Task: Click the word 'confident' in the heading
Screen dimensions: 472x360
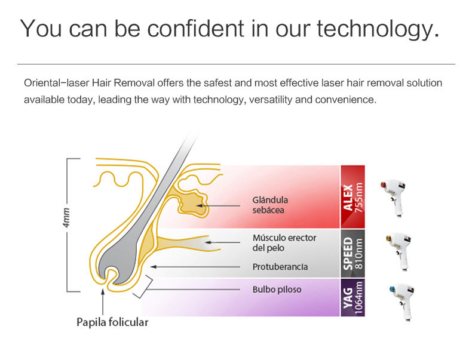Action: [x=195, y=29]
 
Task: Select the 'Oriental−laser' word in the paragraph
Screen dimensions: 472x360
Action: [x=56, y=83]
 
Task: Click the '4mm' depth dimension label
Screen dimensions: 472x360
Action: [x=66, y=217]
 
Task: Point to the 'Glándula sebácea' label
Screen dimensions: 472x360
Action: [x=270, y=205]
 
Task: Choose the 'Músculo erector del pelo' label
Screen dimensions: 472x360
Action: [x=284, y=243]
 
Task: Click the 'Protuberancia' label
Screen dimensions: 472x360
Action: [x=280, y=267]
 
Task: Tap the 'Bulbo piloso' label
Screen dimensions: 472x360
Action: [x=277, y=290]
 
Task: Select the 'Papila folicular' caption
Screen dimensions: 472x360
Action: [x=112, y=322]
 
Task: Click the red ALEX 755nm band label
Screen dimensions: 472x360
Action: [x=353, y=197]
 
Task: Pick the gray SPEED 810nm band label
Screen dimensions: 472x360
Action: [x=353, y=254]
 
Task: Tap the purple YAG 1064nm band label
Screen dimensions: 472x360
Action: [x=353, y=297]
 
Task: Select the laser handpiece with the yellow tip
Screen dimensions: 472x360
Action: [x=399, y=250]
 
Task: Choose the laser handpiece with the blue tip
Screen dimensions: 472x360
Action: [x=402, y=301]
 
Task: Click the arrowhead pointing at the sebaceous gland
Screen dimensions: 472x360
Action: [x=199, y=206]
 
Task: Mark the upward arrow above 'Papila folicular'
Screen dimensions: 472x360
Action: [x=103, y=301]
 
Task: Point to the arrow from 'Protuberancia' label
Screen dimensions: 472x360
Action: [x=195, y=267]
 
